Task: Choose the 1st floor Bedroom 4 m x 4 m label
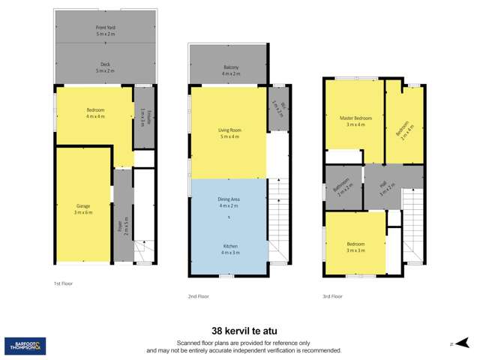coord(95,113)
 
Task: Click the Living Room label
coord(229,133)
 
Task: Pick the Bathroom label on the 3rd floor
coord(343,187)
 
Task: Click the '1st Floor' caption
coord(64,284)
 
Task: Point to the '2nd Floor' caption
coord(199,296)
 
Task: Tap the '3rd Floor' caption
coord(332,296)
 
